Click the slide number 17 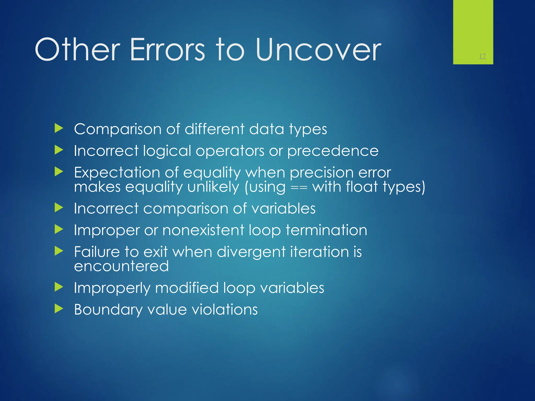(x=482, y=56)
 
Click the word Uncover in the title (x=318, y=50)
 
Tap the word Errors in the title (x=167, y=50)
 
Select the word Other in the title (x=77, y=50)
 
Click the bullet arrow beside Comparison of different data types (x=59, y=128)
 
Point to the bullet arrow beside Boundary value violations (x=59, y=309)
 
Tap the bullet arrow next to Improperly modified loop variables (x=59, y=287)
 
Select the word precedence (x=333, y=151)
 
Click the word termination (x=326, y=230)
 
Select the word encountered (x=121, y=266)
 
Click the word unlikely (x=213, y=187)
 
